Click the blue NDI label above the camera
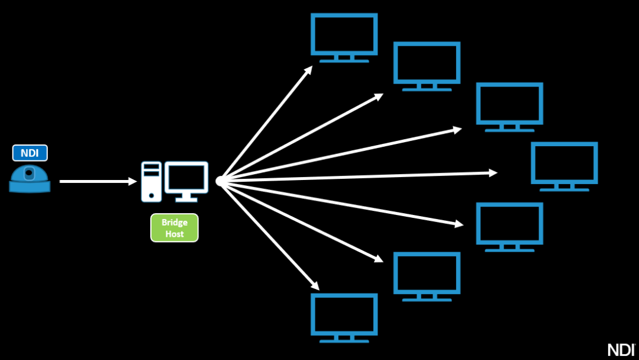click(30, 153)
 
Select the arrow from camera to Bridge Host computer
click(98, 181)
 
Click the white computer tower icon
click(151, 181)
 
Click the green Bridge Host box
click(175, 228)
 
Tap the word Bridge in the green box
click(175, 223)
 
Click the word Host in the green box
click(175, 234)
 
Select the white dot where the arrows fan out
click(220, 181)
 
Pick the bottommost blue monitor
click(344, 317)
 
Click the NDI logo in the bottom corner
click(621, 349)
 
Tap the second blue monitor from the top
click(427, 65)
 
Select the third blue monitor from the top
click(509, 106)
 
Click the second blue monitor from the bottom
click(427, 276)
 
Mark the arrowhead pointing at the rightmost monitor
click(493, 172)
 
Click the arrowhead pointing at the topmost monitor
click(308, 69)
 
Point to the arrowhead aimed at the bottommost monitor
click(315, 286)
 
